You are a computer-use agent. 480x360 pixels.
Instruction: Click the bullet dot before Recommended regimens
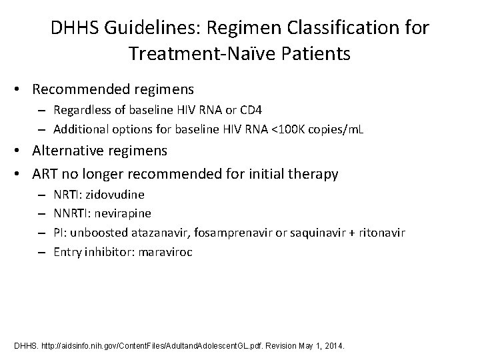point(21,89)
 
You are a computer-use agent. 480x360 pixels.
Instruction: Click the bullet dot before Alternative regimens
point(21,151)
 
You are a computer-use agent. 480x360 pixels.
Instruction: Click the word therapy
point(313,175)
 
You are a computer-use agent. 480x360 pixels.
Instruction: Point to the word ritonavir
point(379,233)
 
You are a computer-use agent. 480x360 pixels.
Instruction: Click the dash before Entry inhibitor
point(43,252)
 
